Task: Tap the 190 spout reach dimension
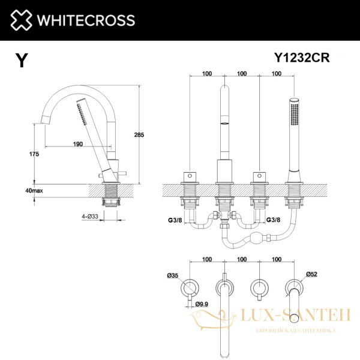78,144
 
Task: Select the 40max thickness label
34,190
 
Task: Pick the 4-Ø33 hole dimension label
92,216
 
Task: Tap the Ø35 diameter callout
173,276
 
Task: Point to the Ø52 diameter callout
311,274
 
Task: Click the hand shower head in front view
294,111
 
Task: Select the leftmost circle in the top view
189,286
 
